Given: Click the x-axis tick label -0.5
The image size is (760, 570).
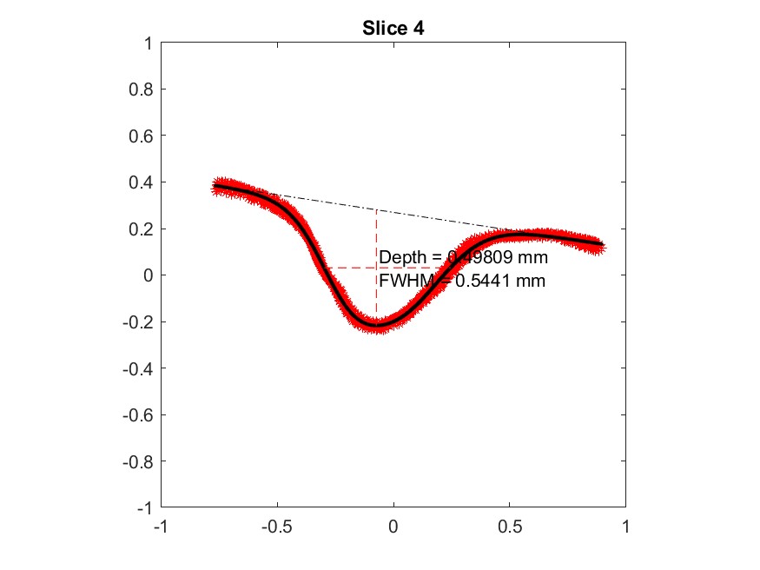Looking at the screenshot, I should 277,526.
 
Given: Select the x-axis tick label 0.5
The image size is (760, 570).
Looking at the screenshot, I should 510,526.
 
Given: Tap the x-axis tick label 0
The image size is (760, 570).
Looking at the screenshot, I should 393,526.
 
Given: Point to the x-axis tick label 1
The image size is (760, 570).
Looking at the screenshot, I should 625,526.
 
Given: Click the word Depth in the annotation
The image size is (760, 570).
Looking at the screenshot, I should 401,258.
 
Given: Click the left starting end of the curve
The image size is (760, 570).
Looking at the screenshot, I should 215,186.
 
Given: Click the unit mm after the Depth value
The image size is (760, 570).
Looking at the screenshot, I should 532,258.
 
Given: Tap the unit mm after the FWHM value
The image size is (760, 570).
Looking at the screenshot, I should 531,281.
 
